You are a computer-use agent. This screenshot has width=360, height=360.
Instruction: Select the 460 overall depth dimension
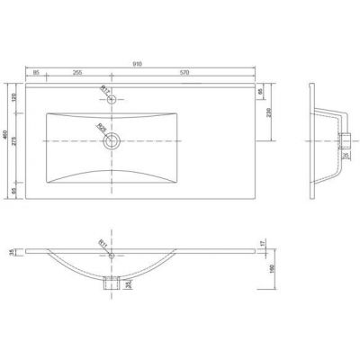[5, 139]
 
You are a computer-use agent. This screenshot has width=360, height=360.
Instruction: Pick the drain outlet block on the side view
[346, 138]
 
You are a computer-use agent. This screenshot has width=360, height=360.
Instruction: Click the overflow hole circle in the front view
[112, 256]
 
